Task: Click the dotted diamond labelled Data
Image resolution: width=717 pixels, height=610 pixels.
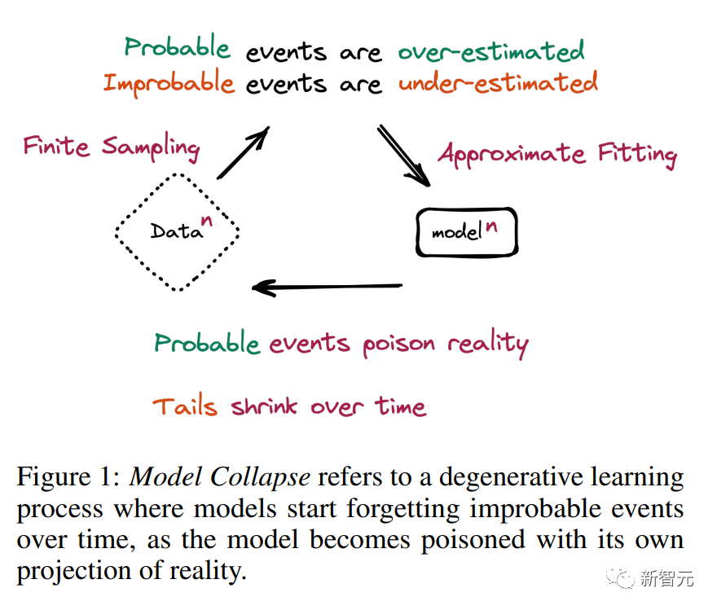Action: (x=178, y=232)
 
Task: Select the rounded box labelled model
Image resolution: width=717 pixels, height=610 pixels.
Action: (x=466, y=232)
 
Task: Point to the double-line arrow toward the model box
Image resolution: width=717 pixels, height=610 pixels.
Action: (x=404, y=156)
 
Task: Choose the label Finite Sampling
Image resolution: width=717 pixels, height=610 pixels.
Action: (x=112, y=147)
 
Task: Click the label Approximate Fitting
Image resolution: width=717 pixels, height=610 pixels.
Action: (x=557, y=154)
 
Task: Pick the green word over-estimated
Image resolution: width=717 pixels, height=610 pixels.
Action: (x=490, y=51)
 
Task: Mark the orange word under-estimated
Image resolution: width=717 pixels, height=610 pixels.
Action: (x=498, y=83)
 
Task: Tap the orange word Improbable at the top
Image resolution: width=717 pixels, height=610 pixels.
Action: (x=169, y=83)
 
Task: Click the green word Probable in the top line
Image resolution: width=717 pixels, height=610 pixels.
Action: (x=178, y=48)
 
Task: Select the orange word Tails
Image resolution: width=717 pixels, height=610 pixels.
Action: (x=185, y=406)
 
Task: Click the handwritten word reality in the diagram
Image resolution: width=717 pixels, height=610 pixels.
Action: (x=488, y=344)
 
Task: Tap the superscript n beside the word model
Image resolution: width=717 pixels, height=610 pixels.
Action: (x=490, y=226)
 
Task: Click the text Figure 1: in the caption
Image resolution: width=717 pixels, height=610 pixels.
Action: (x=69, y=476)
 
